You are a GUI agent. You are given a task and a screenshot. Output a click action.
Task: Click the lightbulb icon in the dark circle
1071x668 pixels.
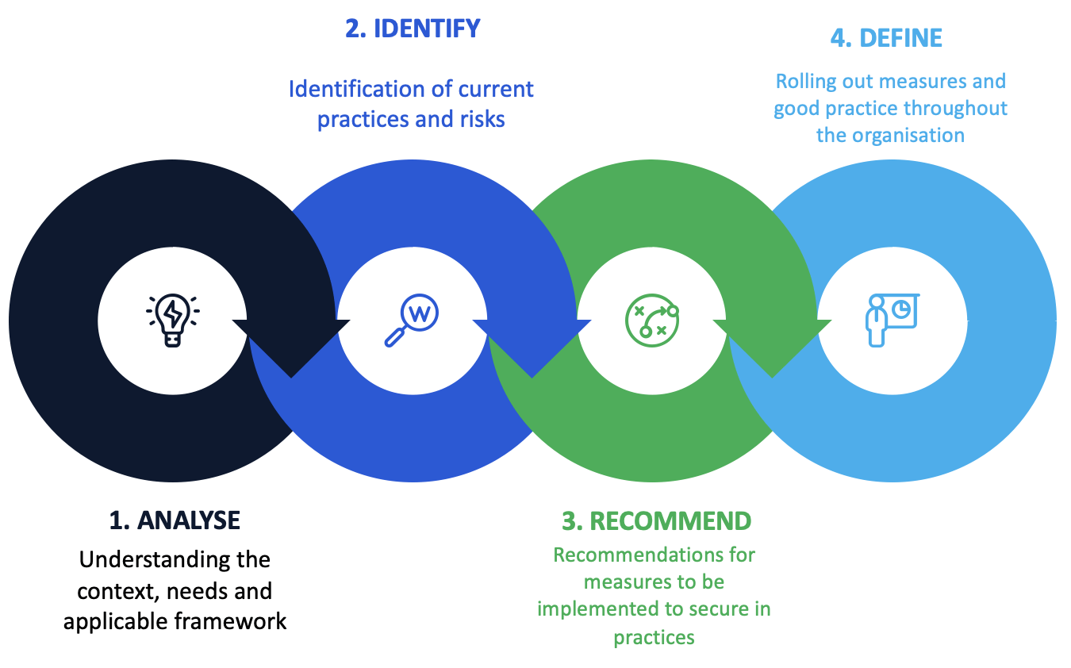pos(172,320)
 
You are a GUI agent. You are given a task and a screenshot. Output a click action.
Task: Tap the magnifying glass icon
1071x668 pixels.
pos(411,320)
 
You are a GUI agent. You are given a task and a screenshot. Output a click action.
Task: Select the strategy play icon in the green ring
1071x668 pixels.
pos(651,320)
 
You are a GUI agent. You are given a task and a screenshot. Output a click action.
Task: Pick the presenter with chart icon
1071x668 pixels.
pos(891,320)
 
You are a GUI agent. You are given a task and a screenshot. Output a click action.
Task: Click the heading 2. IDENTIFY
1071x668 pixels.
pos(413,29)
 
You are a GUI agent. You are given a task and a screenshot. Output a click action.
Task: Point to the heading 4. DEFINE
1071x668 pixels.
pos(886,38)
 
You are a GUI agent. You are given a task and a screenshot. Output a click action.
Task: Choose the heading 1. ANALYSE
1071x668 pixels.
pos(175,520)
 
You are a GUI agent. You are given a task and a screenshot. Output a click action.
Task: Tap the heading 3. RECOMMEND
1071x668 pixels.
pos(656,520)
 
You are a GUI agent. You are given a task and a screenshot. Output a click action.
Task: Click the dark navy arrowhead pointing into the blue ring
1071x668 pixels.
pos(291,347)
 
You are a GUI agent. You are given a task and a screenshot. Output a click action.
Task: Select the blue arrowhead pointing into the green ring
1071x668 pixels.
pos(532,347)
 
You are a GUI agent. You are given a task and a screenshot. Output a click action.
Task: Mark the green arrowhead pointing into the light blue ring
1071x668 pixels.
pos(772,347)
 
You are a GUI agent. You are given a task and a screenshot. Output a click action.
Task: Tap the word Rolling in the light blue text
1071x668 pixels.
pos(802,82)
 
